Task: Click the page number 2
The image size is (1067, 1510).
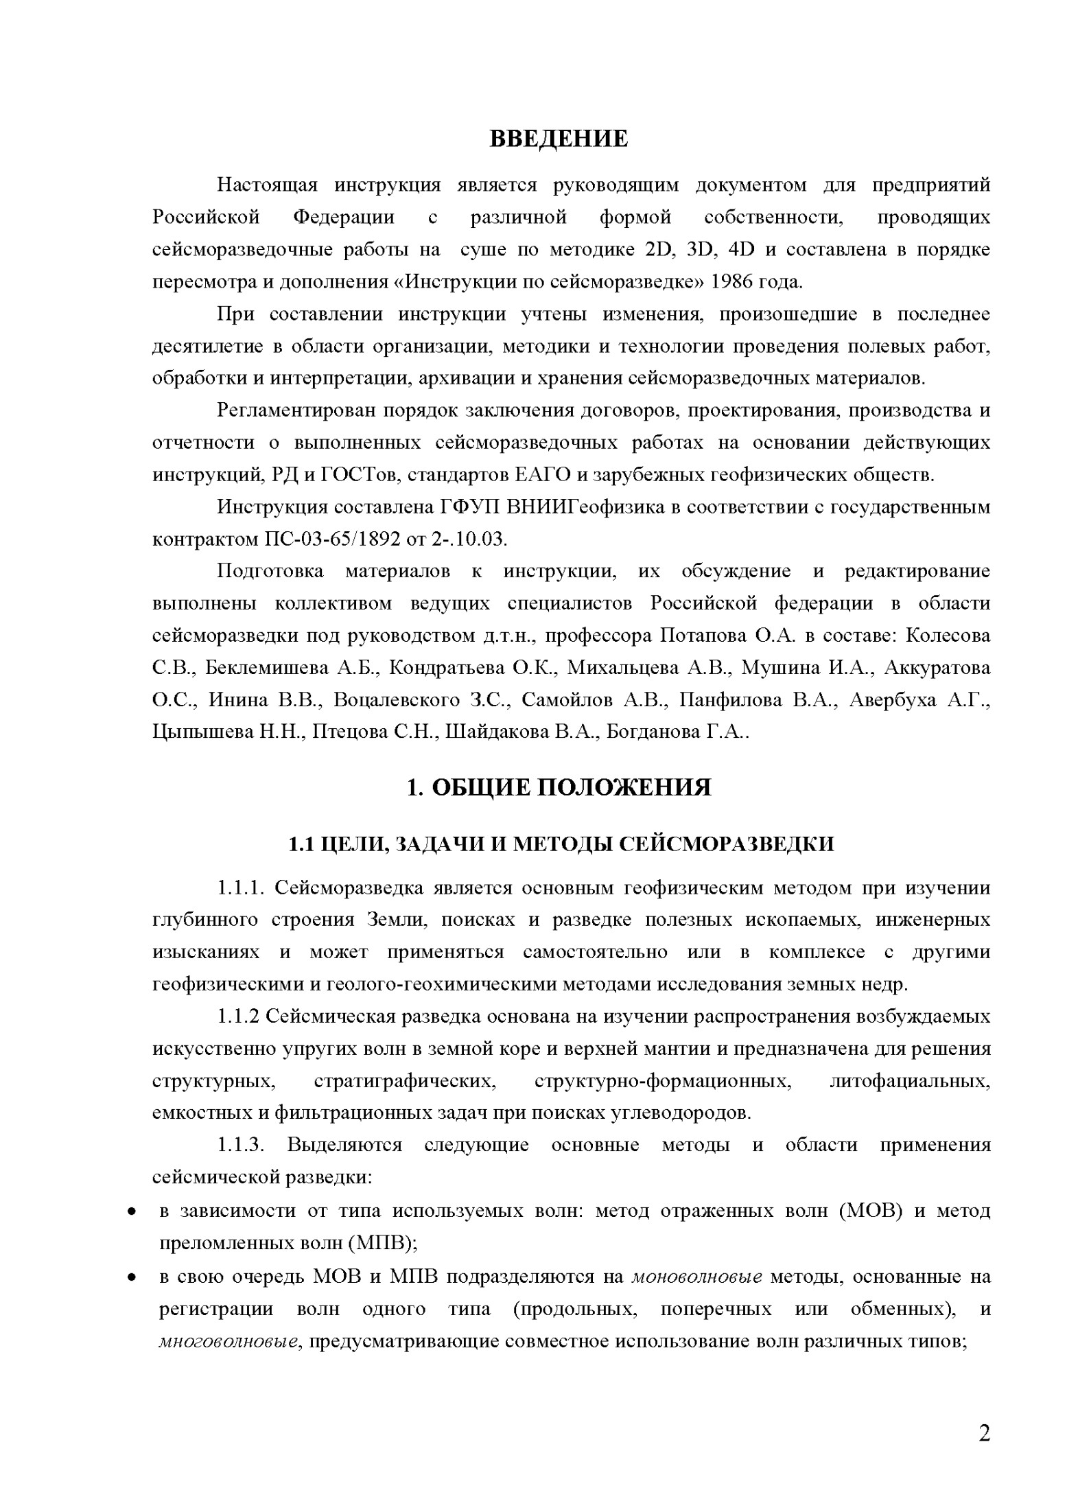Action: click(984, 1433)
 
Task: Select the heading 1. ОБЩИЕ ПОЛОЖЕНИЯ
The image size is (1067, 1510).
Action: click(559, 787)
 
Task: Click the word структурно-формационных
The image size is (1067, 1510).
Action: click(662, 1081)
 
